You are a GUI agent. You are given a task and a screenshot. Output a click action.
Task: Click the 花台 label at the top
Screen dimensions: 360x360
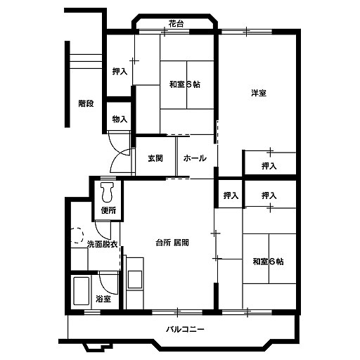point(176,24)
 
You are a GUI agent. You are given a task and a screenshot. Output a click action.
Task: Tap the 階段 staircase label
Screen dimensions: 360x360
point(86,103)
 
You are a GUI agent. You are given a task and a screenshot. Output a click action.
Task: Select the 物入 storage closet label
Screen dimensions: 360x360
point(120,119)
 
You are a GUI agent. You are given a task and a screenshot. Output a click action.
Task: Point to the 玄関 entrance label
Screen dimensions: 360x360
point(155,158)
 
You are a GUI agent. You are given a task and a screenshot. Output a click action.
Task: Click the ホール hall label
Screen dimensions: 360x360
point(195,158)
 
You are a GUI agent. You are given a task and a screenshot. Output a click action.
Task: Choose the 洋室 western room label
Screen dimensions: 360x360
point(259,93)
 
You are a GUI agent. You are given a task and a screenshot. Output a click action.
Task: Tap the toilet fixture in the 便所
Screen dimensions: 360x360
point(108,192)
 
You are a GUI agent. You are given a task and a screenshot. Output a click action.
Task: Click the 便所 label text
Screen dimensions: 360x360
point(108,210)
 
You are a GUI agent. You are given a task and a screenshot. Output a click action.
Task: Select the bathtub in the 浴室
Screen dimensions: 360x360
point(82,291)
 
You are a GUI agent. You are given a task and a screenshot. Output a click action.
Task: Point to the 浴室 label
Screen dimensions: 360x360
point(103,299)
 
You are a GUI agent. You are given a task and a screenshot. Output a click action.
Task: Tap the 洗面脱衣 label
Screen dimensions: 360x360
point(102,244)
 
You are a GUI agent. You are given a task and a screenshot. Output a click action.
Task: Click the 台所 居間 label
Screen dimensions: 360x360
point(172,243)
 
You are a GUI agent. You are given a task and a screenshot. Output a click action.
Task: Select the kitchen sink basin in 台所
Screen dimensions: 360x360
point(135,280)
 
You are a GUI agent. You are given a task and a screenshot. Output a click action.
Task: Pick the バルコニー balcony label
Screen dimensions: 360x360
point(185,329)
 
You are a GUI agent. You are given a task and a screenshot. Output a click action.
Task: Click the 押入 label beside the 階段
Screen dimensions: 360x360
point(120,71)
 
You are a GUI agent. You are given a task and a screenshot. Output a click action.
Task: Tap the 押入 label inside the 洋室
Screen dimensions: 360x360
point(269,166)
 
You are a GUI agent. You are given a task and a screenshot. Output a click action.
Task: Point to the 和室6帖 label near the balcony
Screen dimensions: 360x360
point(268,262)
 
